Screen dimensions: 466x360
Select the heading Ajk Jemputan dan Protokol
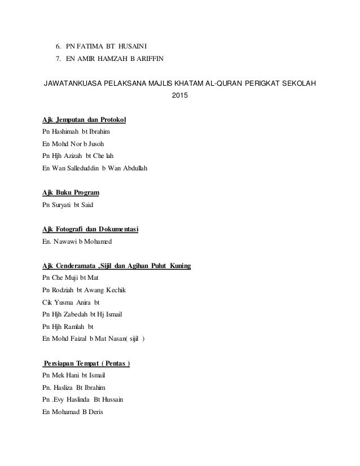click(84, 120)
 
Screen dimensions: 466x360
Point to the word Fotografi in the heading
click(75, 229)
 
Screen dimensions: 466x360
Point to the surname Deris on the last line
click(94, 412)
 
